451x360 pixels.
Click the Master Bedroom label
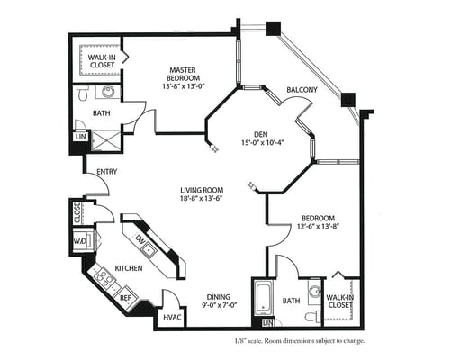183,74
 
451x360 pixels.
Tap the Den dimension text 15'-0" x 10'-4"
263,143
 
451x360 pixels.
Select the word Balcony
302,90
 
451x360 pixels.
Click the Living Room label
202,190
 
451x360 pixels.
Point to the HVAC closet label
172,317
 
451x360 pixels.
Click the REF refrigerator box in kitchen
126,297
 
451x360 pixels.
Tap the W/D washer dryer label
80,241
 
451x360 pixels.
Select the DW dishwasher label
140,239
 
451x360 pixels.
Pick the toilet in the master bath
83,93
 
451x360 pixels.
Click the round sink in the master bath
108,92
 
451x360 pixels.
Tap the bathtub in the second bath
264,297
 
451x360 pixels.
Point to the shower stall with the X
106,140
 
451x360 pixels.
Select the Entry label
107,172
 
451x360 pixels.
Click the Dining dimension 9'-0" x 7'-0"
220,306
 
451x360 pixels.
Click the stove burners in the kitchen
104,278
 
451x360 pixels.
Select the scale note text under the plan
300,341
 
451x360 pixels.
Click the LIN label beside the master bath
80,137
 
